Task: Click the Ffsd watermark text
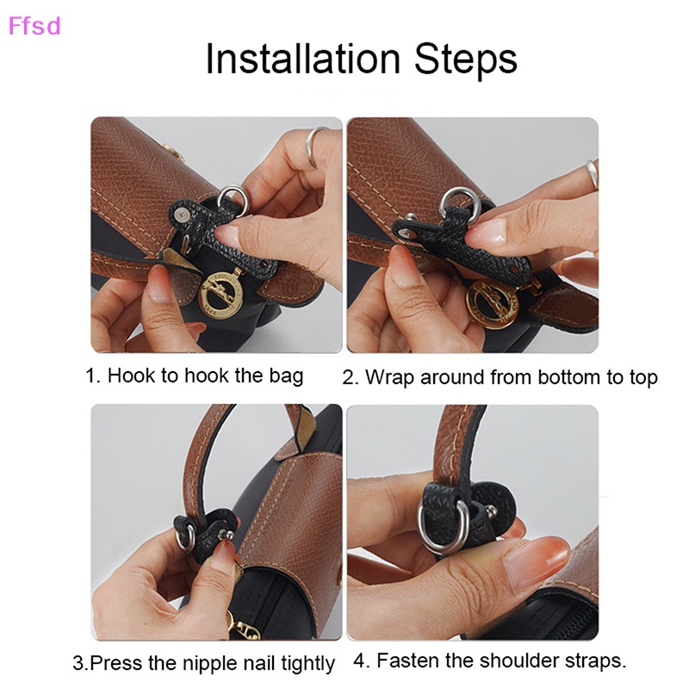click(34, 26)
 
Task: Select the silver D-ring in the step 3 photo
click(184, 537)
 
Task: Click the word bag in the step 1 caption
click(285, 376)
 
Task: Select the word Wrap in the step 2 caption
click(388, 377)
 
